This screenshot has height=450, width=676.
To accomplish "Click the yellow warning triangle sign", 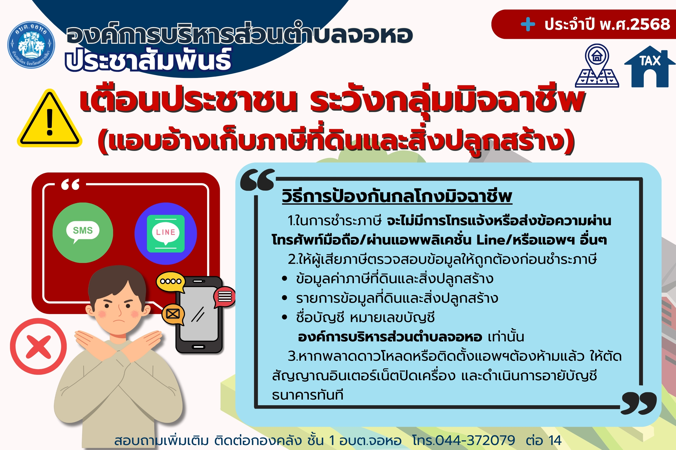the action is coord(49,119).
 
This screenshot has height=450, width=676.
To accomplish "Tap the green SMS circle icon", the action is coord(83,233).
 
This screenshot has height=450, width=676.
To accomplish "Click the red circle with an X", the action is coord(38,346).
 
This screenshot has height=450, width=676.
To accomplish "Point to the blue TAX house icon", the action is coord(650,67).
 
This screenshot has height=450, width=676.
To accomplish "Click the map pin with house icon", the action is coord(597,65).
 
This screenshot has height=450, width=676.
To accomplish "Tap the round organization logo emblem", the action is coord(31,45).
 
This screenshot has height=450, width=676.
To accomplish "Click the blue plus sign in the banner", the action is coord(528,24).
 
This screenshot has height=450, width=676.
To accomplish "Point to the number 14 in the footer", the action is coord(555,440).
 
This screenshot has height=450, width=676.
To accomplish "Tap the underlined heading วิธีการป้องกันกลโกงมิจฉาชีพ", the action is coord(397,196).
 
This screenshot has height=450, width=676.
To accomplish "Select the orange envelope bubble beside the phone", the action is coord(173,314).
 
